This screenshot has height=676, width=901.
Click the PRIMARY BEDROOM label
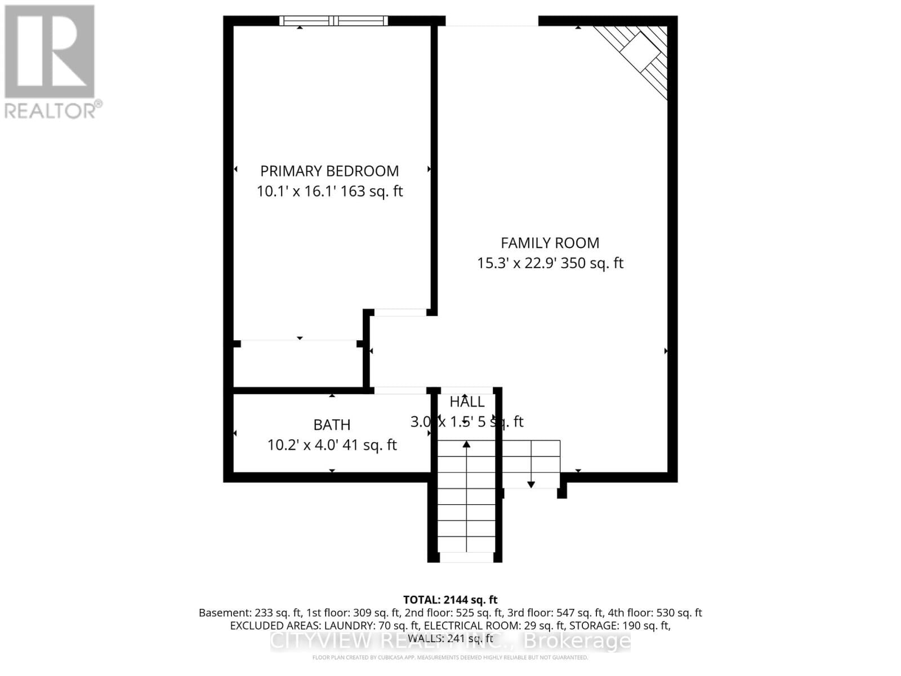(329, 171)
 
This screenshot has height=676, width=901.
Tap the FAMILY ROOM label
(550, 243)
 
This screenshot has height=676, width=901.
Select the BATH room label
(332, 425)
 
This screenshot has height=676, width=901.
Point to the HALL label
(467, 402)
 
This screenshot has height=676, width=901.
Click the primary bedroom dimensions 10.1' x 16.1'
(296, 192)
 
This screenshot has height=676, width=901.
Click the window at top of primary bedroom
(334, 21)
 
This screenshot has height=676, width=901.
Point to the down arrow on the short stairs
(530, 483)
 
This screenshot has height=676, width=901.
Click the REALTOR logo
(50, 62)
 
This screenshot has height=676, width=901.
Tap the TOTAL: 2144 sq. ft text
(450, 600)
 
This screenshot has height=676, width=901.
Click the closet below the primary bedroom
(298, 364)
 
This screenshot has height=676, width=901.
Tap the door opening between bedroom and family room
(400, 312)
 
